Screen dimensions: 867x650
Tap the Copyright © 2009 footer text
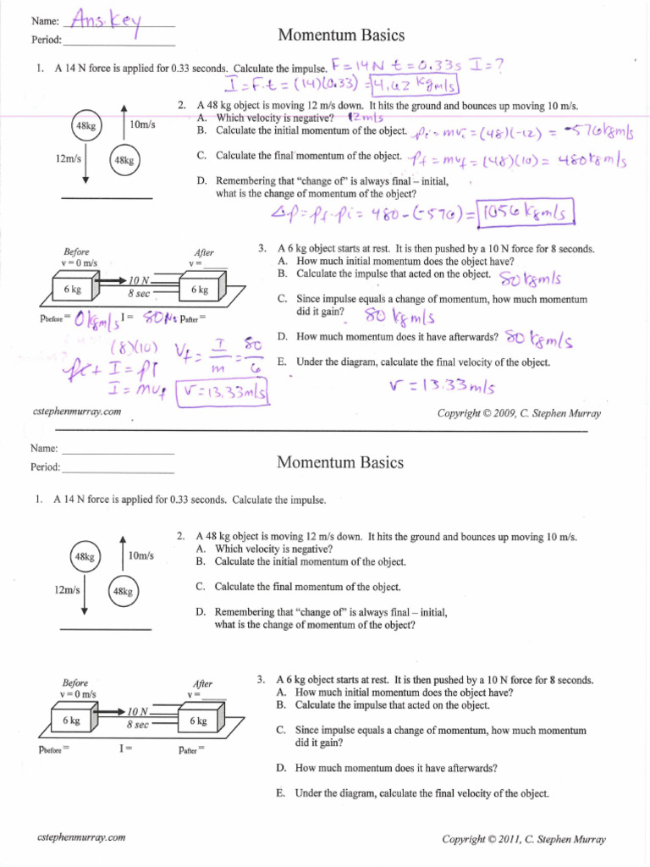(519, 413)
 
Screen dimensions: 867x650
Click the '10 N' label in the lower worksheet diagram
(138, 711)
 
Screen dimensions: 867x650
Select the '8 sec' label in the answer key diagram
(138, 293)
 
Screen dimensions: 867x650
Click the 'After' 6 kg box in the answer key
(200, 290)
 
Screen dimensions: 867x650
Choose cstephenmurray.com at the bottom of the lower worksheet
(82, 837)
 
